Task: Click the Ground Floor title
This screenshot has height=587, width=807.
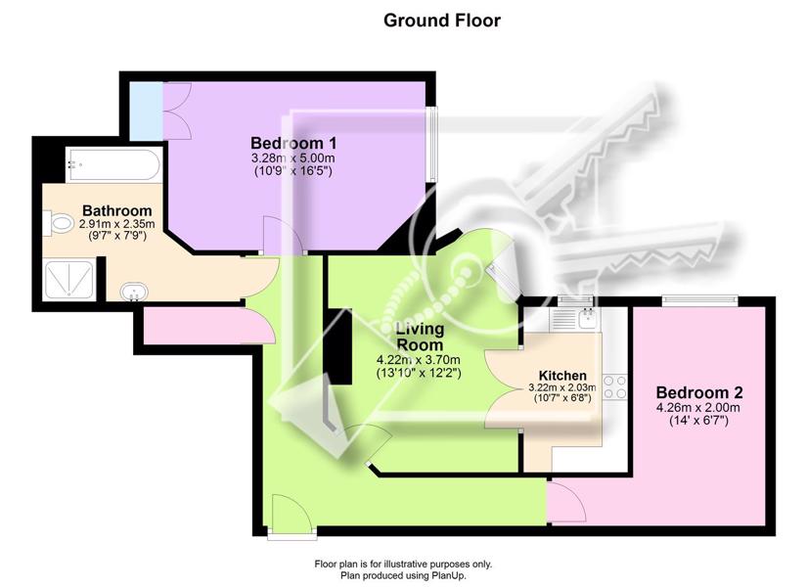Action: [x=441, y=21]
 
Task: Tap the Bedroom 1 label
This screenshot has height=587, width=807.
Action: [x=293, y=143]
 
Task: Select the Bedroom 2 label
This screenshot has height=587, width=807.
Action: [x=699, y=392]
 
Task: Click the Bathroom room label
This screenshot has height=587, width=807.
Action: [x=116, y=210]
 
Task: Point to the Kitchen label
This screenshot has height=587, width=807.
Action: [x=562, y=376]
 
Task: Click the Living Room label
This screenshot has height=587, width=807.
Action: [x=420, y=337]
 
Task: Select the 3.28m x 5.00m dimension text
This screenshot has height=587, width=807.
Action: [x=293, y=158]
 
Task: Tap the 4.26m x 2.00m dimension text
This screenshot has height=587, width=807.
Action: [x=699, y=408]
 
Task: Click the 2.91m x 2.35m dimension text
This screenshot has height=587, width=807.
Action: [x=116, y=224]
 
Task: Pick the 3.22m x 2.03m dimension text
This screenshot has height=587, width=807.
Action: [x=562, y=387]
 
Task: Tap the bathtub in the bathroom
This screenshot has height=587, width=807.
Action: [x=113, y=164]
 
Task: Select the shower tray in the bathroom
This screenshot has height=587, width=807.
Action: [x=69, y=280]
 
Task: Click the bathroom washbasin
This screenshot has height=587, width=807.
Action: [x=134, y=292]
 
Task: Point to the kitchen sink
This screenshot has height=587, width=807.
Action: [x=587, y=318]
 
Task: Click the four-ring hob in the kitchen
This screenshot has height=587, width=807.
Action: [x=615, y=387]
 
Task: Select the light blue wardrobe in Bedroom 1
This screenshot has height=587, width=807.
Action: [x=146, y=111]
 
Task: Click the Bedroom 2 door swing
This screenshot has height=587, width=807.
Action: [x=566, y=501]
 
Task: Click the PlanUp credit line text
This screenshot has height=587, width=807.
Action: [x=403, y=575]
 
